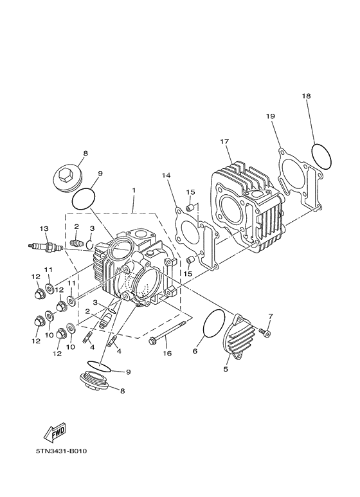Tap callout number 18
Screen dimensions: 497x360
click(307, 96)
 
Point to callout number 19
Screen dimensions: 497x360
click(271, 116)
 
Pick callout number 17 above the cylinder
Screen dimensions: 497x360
click(224, 141)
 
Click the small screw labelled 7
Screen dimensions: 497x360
click(267, 332)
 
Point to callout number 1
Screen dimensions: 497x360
click(134, 190)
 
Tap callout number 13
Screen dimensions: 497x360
click(44, 228)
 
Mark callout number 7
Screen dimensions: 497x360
click(270, 316)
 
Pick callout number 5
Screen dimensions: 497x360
click(226, 370)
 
